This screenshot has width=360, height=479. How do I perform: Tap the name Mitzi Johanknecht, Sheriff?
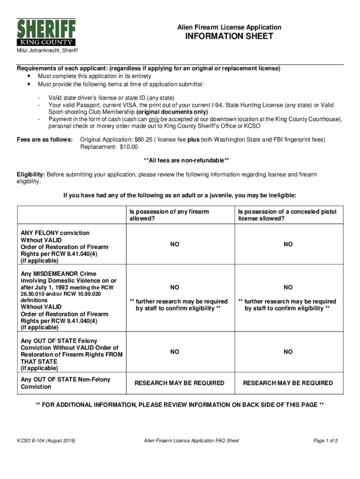click(48, 51)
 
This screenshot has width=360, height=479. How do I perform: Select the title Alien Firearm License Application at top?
click(229, 27)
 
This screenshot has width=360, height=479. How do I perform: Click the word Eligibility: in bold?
click(31, 174)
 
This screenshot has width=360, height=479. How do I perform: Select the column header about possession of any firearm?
click(169, 215)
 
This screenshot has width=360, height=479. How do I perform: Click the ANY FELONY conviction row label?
click(55, 233)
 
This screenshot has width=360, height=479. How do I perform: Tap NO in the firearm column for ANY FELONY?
click(174, 245)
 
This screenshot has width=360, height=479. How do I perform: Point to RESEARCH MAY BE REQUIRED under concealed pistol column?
click(288, 383)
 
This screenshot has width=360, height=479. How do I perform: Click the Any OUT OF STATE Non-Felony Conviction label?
click(65, 383)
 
